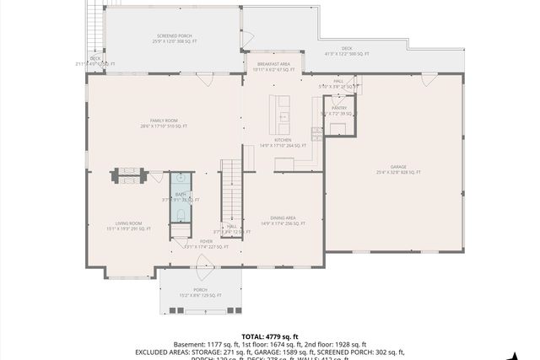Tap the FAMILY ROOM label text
164,123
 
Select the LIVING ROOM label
128,225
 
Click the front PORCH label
200,292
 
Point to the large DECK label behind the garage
347,51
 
